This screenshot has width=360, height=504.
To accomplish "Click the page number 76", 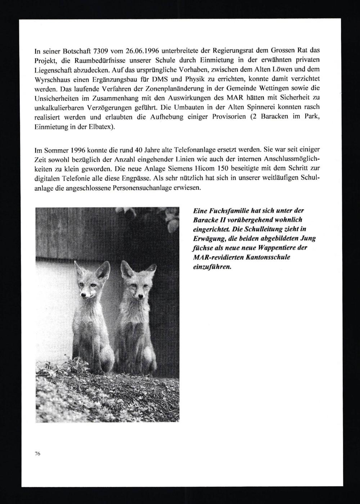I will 37,454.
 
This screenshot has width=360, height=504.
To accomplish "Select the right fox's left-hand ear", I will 126,268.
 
